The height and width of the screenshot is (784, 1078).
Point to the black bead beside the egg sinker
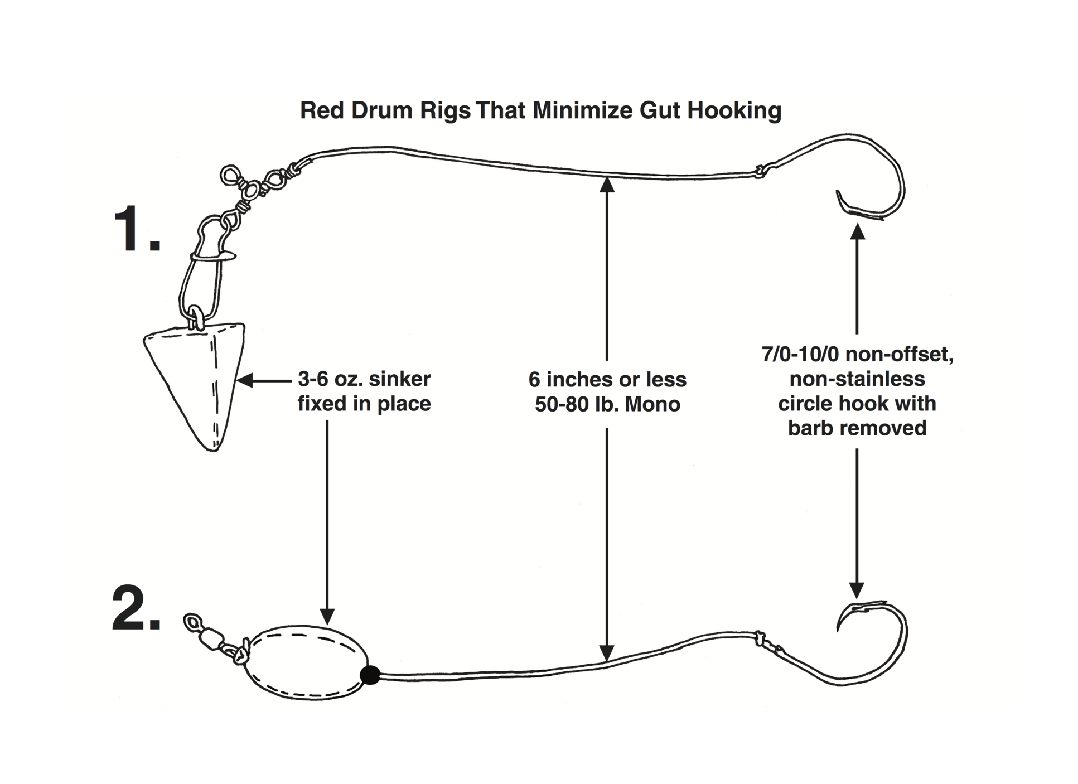pyautogui.click(x=370, y=675)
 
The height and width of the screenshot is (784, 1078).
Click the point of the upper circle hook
pyautogui.click(x=838, y=193)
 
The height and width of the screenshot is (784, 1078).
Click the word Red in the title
pyautogui.click(x=322, y=110)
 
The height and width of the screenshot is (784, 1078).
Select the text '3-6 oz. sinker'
pyautogui.click(x=364, y=379)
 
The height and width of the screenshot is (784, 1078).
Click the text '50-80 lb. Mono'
pyautogui.click(x=607, y=404)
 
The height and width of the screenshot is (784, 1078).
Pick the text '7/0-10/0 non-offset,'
pyautogui.click(x=857, y=354)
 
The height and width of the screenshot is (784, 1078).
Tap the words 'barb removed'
pyautogui.click(x=857, y=428)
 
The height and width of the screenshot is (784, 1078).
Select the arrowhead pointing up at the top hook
pyautogui.click(x=857, y=231)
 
